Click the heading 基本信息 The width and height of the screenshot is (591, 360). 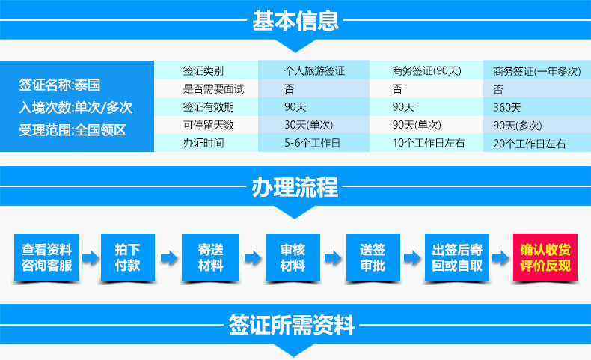(295, 21)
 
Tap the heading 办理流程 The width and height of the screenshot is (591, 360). (295, 187)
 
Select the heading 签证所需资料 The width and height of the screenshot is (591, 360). (291, 325)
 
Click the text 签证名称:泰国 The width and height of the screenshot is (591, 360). (60, 85)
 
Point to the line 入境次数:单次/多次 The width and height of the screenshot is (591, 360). (76, 108)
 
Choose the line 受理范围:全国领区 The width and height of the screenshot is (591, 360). (73, 130)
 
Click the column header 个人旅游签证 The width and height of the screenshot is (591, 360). (314, 71)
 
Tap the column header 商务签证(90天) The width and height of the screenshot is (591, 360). (426, 71)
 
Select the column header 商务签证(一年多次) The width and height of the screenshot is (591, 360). (536, 71)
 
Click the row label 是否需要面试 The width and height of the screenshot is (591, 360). (213, 89)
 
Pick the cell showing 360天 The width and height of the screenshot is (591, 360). (507, 108)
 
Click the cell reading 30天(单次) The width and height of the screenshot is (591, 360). (309, 125)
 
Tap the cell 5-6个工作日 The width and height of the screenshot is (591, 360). (312, 143)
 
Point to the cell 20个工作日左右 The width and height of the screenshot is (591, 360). (530, 144)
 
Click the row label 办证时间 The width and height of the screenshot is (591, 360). (203, 143)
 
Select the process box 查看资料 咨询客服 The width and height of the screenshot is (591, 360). (46, 257)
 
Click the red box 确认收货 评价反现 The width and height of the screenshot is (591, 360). (545, 257)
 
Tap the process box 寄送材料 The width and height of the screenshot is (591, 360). (210, 257)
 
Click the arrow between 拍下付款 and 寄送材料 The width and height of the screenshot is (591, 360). (169, 258)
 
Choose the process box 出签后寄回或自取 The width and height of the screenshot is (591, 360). (457, 257)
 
